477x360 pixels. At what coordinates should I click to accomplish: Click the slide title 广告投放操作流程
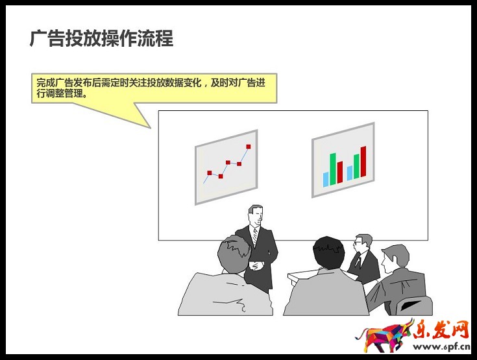tap(102, 38)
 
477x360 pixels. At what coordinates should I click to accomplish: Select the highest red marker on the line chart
tap(248, 147)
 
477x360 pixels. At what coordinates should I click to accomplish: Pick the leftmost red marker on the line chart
tap(209, 173)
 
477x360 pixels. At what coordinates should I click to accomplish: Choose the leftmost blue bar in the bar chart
tap(326, 179)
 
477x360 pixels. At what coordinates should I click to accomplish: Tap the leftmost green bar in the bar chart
tap(333, 169)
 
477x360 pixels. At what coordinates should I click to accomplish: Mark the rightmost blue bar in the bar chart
tap(349, 173)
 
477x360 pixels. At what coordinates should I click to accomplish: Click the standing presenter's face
tap(256, 215)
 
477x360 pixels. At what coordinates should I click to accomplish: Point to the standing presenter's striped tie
tap(255, 237)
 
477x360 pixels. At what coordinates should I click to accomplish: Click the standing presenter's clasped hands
tap(258, 265)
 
